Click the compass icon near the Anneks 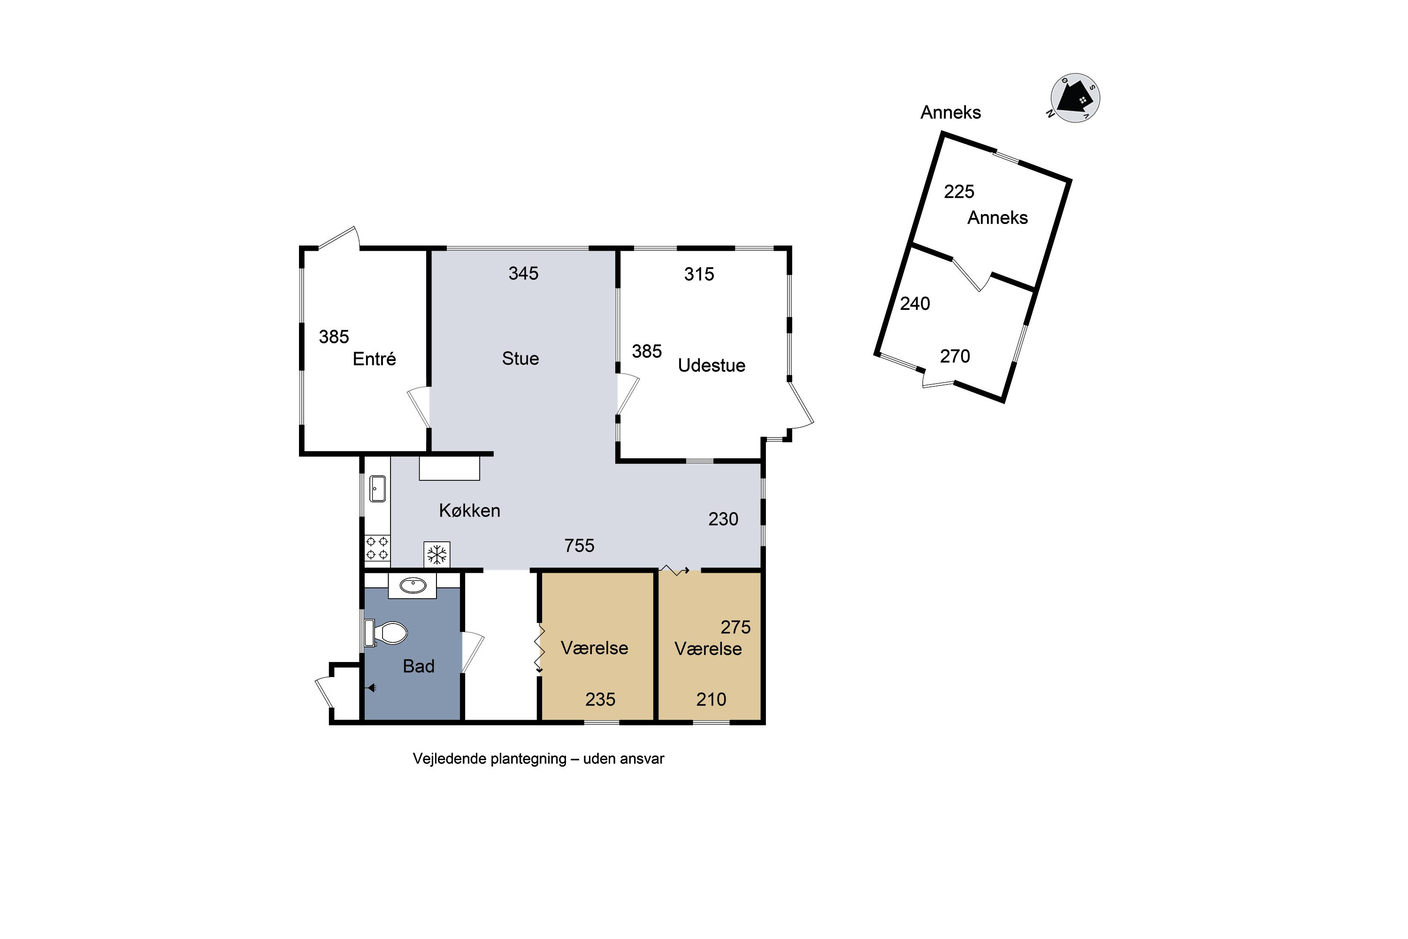(1075, 98)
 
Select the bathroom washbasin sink (413, 585)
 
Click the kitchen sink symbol (378, 488)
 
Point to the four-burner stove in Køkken (377, 548)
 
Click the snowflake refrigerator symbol (437, 554)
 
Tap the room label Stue (520, 358)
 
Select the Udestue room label (711, 365)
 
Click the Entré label (374, 359)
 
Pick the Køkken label (469, 510)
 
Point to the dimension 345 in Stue (523, 273)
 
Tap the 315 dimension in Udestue (699, 274)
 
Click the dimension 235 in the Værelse (600, 700)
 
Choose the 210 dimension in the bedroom (711, 700)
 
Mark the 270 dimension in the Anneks (955, 356)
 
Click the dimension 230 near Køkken (723, 519)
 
